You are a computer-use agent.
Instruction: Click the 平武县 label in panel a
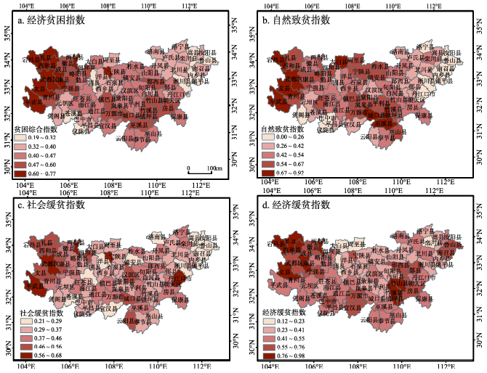coord(33,104)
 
